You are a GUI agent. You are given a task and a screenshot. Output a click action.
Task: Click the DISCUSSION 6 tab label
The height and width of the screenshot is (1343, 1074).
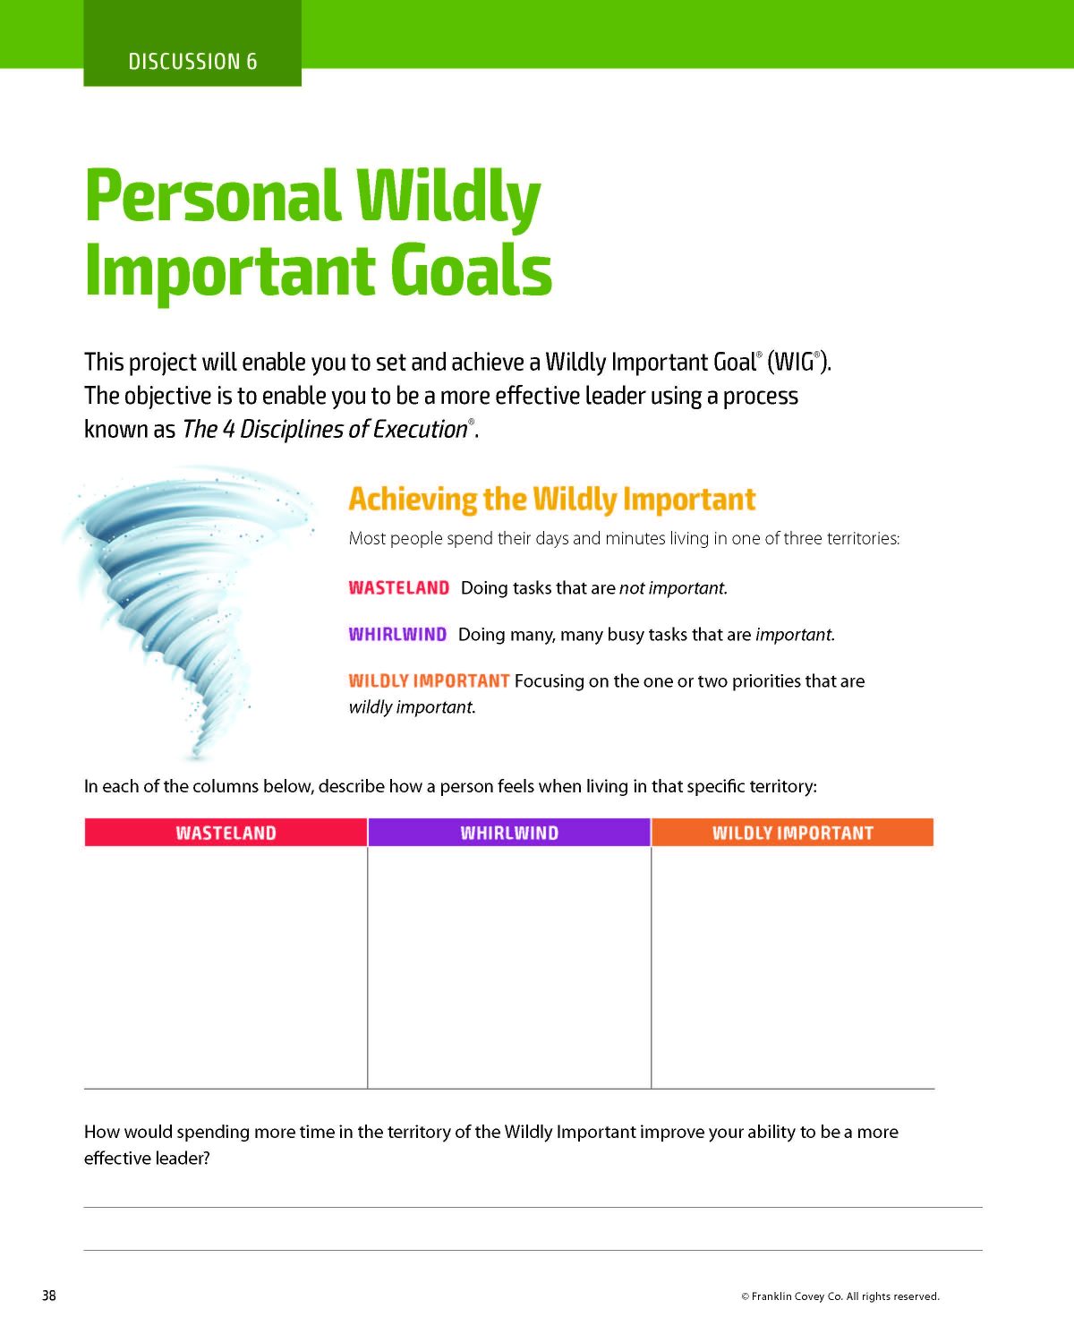(192, 62)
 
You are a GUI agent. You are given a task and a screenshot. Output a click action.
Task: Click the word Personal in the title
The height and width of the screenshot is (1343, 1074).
(213, 199)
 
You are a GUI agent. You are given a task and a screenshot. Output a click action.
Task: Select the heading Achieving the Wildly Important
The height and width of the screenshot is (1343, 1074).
(551, 500)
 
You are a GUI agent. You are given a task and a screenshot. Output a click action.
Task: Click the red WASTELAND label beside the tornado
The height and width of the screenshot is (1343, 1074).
(399, 588)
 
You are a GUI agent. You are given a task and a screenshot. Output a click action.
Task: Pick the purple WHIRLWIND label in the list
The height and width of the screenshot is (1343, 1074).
(397, 634)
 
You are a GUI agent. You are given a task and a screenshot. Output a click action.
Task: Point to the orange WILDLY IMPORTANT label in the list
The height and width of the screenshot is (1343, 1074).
(429, 680)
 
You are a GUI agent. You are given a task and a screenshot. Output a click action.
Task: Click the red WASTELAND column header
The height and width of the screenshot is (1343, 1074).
(226, 833)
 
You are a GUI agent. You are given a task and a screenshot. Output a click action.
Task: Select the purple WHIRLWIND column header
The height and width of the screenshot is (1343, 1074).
(509, 833)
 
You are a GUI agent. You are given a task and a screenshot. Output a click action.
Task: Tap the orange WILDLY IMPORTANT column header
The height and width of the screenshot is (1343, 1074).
(793, 833)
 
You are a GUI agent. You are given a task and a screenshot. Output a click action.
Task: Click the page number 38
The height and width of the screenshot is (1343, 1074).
(48, 1296)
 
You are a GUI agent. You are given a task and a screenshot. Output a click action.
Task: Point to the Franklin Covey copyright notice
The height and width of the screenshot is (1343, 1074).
(840, 1296)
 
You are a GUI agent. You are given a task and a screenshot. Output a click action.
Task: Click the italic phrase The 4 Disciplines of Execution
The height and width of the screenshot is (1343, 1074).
(325, 430)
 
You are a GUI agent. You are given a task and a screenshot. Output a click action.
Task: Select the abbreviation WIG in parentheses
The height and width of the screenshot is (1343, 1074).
(794, 362)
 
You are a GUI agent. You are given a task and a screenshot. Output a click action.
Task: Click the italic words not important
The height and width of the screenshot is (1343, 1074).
(673, 588)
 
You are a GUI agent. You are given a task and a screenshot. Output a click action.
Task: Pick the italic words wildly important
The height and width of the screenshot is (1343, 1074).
(412, 707)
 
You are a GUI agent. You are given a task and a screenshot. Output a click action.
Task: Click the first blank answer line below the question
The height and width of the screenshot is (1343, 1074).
(533, 1208)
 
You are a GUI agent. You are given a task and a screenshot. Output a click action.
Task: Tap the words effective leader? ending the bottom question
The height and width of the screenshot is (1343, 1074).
(147, 1159)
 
